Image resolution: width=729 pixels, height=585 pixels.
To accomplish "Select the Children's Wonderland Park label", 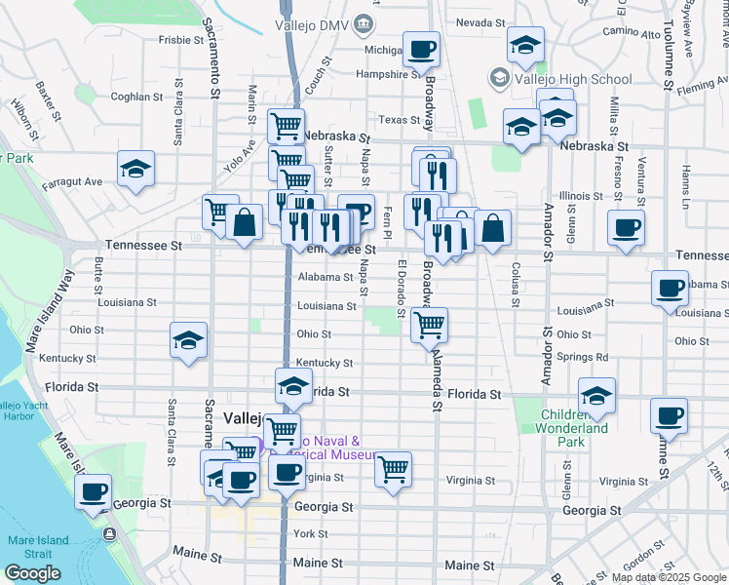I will [x=575, y=428].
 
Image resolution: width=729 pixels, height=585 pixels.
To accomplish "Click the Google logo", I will [x=32, y=573].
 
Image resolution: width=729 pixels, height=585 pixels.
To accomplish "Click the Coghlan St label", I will [x=136, y=97].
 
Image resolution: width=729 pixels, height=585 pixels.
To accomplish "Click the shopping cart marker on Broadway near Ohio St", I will [x=429, y=325].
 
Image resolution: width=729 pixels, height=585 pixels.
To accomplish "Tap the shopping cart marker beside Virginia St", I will [x=393, y=468].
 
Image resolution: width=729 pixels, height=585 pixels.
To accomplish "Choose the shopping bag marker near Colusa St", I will [x=493, y=228].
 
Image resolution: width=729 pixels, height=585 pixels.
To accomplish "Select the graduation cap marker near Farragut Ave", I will [x=136, y=168].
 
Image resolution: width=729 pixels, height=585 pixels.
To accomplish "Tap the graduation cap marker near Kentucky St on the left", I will [x=188, y=339].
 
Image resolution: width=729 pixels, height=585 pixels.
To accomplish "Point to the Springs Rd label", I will [x=583, y=357].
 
